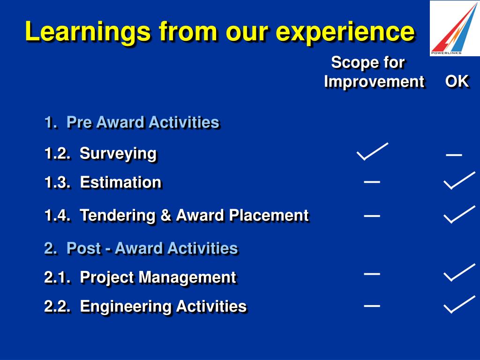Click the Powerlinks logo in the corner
click(455, 28)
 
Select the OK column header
click(457, 82)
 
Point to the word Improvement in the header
click(374, 82)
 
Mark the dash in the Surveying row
click(454, 155)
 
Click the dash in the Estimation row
click(372, 182)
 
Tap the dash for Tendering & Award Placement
click(372, 216)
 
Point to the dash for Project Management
click(372, 274)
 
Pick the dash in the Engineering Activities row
click(372, 306)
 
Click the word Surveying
click(118, 154)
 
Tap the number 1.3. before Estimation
click(57, 182)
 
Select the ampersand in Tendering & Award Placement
click(165, 215)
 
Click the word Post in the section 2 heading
click(83, 248)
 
